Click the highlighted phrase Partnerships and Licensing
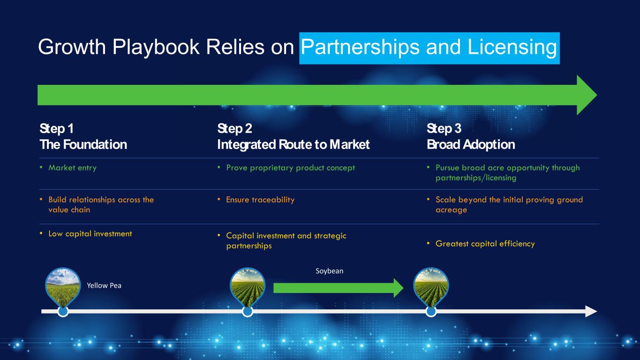pyautogui.click(x=429, y=48)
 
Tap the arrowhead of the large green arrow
pyautogui.click(x=586, y=95)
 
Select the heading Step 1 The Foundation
pyautogui.click(x=83, y=136)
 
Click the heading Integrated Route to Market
pyautogui.click(x=294, y=144)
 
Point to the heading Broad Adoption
pyautogui.click(x=471, y=144)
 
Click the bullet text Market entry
pyautogui.click(x=72, y=168)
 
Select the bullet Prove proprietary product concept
pyautogui.click(x=290, y=168)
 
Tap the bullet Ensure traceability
pyautogui.click(x=260, y=200)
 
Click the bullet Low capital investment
pyautogui.click(x=90, y=233)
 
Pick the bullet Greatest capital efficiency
pyautogui.click(x=485, y=244)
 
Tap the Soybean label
pyautogui.click(x=330, y=271)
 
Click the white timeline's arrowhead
pyautogui.click(x=591, y=311)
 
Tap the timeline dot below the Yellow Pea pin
pyautogui.click(x=63, y=312)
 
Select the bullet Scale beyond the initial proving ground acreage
pyautogui.click(x=509, y=205)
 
